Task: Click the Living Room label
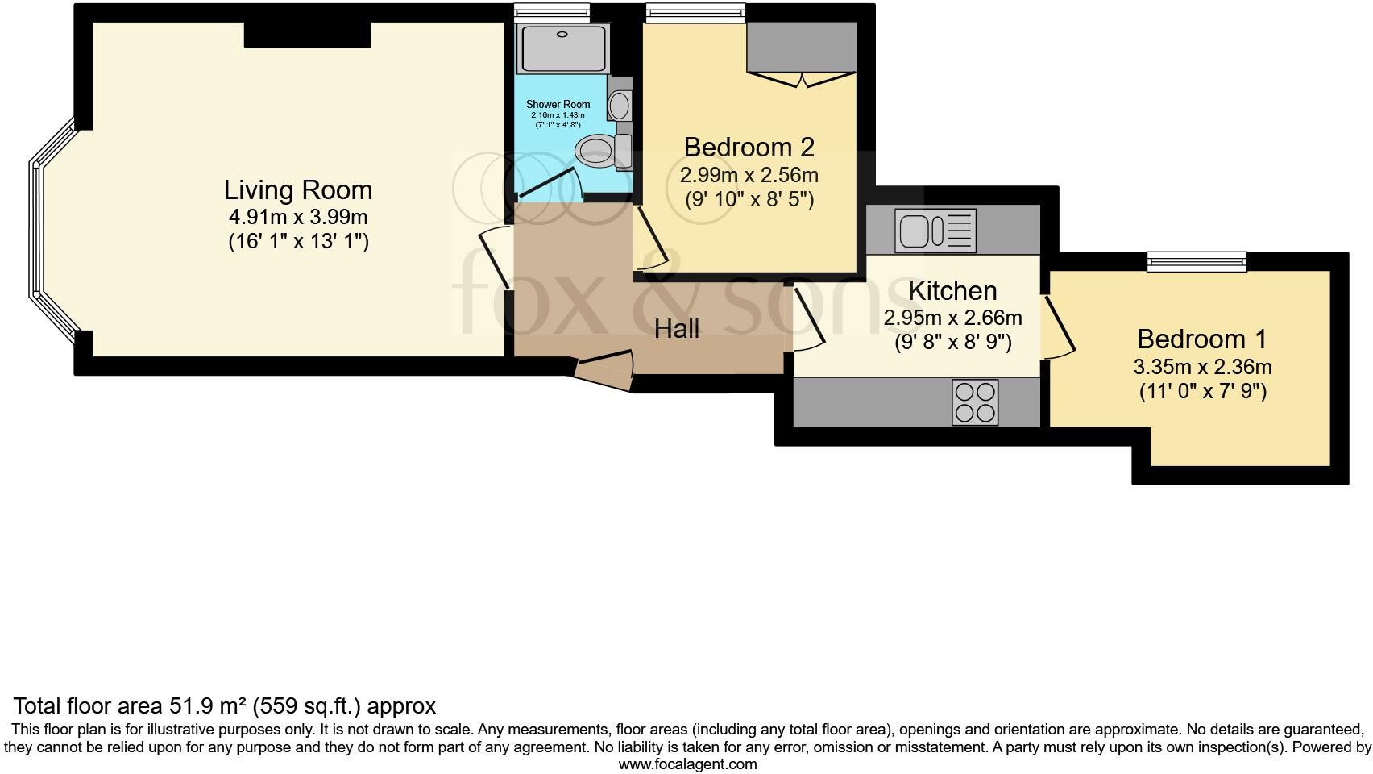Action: [298, 190]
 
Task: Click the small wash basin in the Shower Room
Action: [620, 105]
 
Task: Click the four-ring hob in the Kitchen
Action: [975, 402]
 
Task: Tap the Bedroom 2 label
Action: [749, 148]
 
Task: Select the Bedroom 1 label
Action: [1201, 339]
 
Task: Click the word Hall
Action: [676, 329]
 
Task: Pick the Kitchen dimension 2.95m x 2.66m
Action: [952, 318]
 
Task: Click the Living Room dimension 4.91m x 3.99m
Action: [298, 217]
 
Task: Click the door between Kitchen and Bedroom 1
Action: [1059, 327]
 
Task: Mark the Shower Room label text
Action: [558, 104]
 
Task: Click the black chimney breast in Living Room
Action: [307, 34]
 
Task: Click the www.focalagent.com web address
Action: [686, 764]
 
